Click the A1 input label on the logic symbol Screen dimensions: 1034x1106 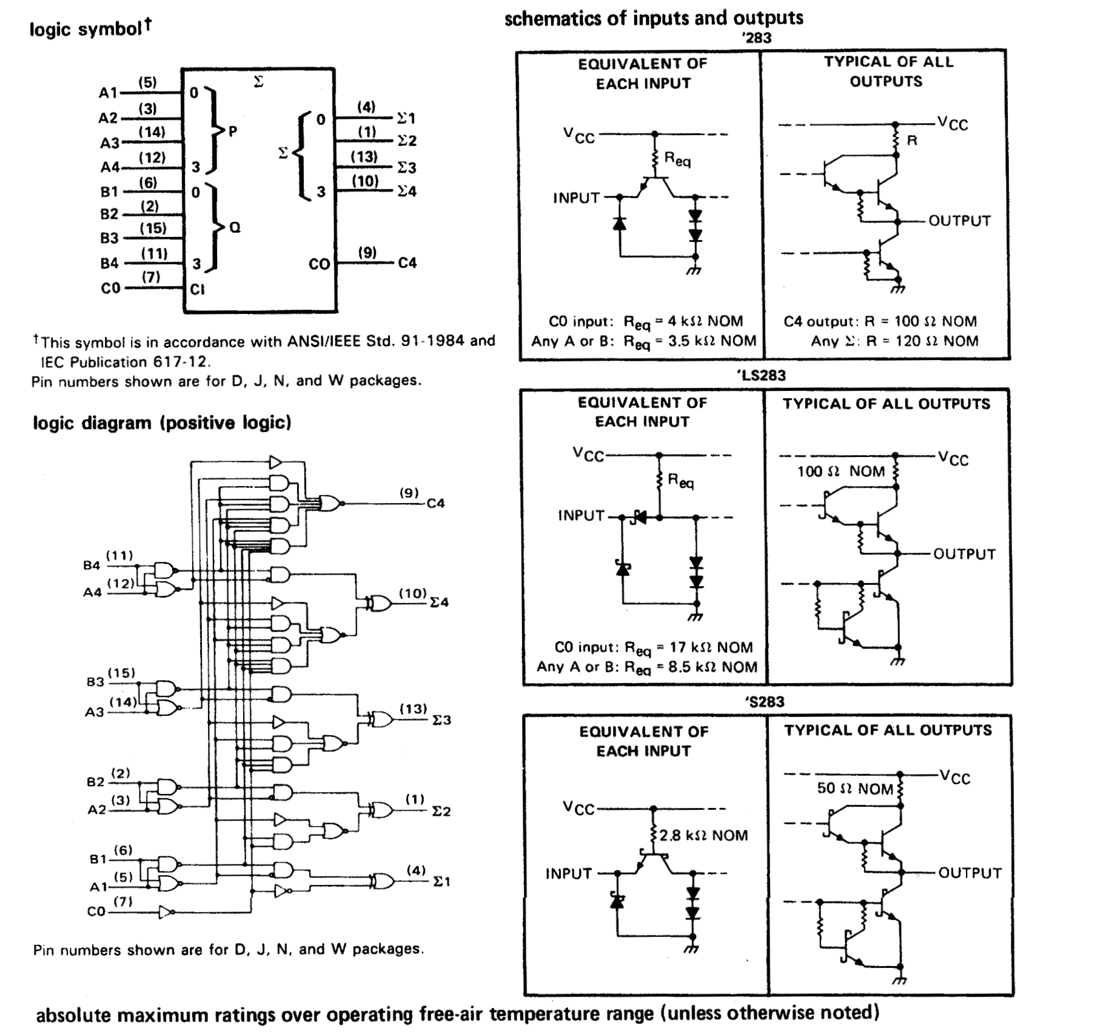point(108,93)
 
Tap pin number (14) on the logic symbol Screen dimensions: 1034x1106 point(151,132)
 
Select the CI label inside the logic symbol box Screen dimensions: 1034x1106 point(197,289)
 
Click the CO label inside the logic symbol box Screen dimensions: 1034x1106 point(319,264)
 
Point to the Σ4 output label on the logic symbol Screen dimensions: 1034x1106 point(407,192)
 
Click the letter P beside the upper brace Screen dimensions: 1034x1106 point(232,130)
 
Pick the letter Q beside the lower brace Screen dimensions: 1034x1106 point(235,227)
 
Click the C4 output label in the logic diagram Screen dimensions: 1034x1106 point(435,503)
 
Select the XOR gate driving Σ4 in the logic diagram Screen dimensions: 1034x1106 point(378,602)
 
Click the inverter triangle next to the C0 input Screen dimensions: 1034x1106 point(166,912)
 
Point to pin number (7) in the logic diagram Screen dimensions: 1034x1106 point(123,901)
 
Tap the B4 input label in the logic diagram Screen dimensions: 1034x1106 point(92,565)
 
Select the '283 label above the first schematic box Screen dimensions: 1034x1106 point(757,38)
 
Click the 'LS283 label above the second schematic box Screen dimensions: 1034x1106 point(762,375)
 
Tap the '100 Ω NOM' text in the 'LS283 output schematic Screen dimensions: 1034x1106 point(840,471)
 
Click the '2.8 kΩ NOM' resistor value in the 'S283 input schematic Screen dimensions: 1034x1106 point(703,835)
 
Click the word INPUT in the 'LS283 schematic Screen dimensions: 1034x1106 point(581,515)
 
